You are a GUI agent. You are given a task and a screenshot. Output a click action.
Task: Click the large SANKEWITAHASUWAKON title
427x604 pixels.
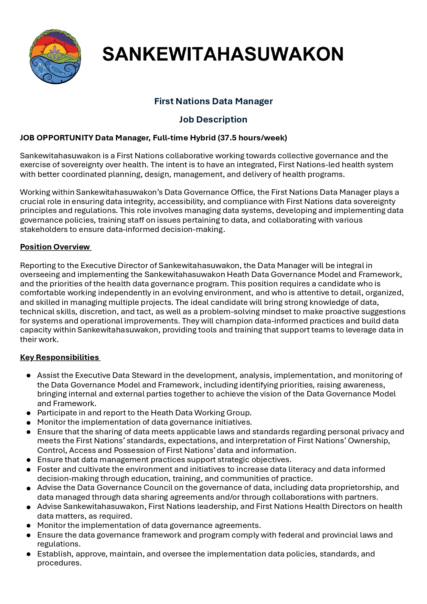point(223,54)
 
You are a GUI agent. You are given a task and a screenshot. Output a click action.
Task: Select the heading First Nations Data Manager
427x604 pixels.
point(213,101)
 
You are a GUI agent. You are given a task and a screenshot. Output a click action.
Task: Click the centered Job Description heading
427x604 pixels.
point(213,119)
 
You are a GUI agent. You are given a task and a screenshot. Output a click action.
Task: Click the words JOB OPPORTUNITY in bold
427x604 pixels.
point(56,138)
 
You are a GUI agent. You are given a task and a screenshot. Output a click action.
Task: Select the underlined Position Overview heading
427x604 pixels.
point(55,247)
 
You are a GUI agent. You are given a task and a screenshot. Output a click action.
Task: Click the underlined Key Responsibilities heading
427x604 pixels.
point(60,357)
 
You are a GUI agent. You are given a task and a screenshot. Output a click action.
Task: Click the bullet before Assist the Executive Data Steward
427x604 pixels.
point(29,376)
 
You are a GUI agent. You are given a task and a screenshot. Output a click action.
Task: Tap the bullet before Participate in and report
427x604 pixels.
point(29,413)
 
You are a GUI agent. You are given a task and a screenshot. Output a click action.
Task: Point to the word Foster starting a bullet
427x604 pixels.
point(49,469)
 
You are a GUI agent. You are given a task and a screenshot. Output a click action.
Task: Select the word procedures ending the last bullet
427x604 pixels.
point(59,563)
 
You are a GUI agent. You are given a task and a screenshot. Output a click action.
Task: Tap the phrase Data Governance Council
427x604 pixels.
point(125,488)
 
